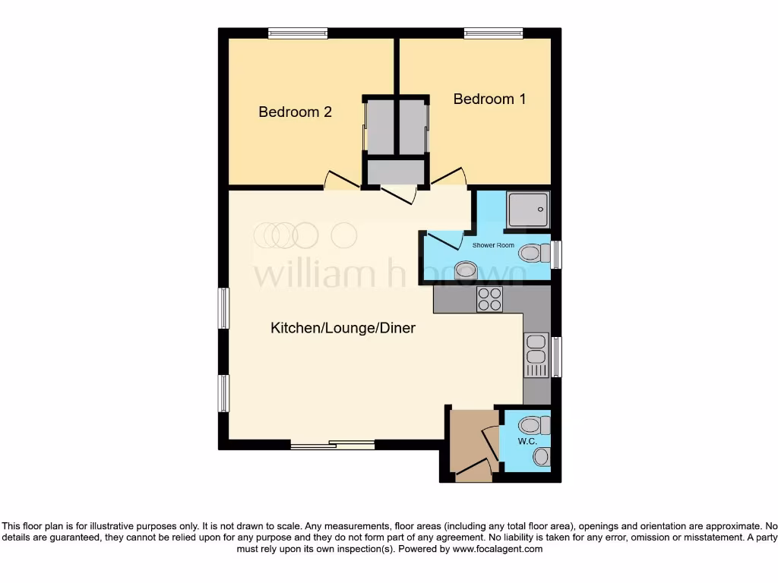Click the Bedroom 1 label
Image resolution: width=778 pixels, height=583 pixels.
[x=489, y=99]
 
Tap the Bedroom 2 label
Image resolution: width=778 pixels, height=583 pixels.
[x=295, y=112]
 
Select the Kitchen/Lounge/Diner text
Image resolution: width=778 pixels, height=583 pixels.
[x=343, y=328]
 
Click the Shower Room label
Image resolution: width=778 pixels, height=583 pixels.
[x=493, y=245]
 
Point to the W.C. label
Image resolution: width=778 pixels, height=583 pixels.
[x=527, y=441]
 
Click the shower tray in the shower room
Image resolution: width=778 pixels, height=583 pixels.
[x=527, y=209]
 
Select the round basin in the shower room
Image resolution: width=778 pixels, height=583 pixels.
[x=465, y=269]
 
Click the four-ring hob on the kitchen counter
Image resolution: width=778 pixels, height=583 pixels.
[x=489, y=299]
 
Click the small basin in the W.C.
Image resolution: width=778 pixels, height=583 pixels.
[x=540, y=457]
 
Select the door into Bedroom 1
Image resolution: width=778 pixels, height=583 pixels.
[x=448, y=178]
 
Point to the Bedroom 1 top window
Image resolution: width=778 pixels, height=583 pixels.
[x=493, y=33]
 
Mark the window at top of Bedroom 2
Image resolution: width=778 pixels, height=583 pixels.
[x=297, y=33]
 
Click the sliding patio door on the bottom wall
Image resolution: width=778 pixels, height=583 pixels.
[x=332, y=446]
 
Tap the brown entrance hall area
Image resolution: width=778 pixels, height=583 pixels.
[x=469, y=443]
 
